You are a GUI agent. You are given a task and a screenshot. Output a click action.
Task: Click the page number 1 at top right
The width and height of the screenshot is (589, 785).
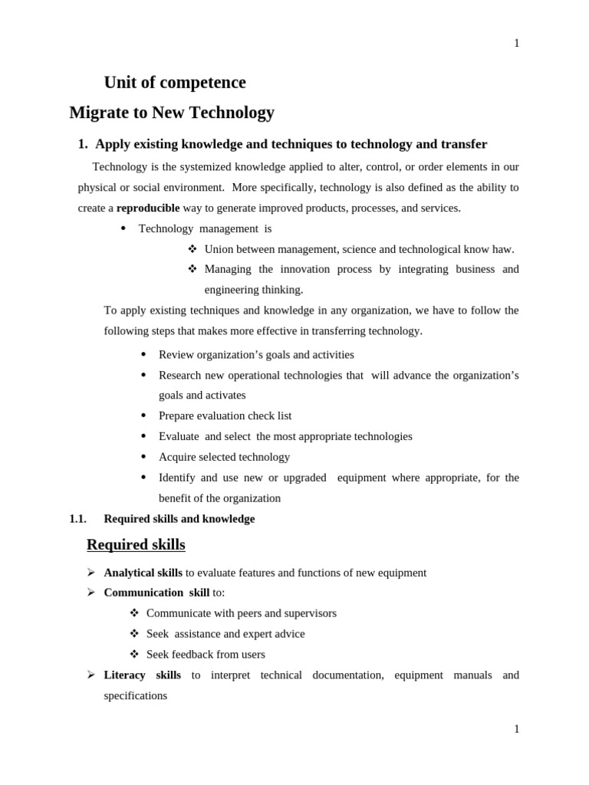click(x=516, y=44)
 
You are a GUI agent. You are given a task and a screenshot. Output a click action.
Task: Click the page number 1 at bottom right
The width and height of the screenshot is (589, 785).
click(x=516, y=729)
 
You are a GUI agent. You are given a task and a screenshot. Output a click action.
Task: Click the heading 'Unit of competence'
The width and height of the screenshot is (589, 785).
click(x=175, y=83)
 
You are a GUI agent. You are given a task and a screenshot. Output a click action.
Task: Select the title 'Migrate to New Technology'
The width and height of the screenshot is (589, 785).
click(x=172, y=113)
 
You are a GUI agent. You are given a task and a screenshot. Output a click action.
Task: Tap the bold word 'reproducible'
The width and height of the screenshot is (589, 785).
click(x=148, y=208)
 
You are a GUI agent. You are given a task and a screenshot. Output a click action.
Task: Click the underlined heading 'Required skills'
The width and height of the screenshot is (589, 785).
click(x=136, y=545)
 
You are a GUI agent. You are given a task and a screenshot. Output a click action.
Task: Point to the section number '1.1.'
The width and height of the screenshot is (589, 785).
click(x=77, y=519)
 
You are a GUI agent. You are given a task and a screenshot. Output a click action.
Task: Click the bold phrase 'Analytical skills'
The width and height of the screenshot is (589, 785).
click(x=143, y=573)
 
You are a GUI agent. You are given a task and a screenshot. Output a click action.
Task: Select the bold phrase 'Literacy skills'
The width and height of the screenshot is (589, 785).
click(x=143, y=675)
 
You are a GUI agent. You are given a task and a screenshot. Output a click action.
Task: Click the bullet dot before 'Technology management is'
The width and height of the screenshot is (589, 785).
click(x=123, y=228)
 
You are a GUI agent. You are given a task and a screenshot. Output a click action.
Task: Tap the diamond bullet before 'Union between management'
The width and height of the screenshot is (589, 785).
click(x=192, y=249)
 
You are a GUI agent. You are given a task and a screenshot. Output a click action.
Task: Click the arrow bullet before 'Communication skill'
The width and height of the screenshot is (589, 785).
click(x=90, y=593)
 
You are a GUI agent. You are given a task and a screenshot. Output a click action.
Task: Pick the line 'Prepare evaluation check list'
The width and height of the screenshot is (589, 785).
click(x=225, y=415)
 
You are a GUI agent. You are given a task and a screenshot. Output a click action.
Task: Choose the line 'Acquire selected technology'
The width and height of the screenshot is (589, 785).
click(x=224, y=457)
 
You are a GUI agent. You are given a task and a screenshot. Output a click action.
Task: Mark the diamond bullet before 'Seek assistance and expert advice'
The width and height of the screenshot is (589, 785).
click(x=134, y=634)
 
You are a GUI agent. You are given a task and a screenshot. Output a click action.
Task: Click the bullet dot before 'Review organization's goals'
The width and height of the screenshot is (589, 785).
click(x=143, y=354)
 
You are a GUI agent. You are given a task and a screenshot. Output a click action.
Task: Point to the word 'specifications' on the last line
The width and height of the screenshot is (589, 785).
click(x=135, y=696)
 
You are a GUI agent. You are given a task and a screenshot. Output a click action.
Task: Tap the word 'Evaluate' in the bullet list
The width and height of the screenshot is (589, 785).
click(x=179, y=436)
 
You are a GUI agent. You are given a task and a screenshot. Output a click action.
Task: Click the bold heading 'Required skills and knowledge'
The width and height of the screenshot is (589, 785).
click(x=179, y=519)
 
